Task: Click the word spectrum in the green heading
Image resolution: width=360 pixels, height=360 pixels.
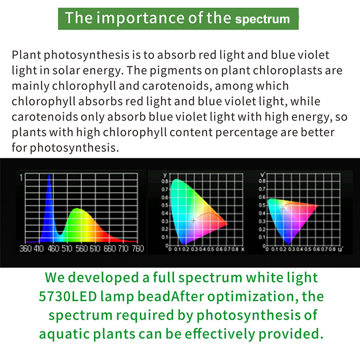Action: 262,19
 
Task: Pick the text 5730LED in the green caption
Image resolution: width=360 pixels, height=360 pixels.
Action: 68,296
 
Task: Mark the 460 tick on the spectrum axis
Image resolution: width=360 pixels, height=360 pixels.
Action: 53,249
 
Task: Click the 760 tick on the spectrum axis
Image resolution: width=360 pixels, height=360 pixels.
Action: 138,249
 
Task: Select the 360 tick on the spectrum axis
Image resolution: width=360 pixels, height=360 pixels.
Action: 25,249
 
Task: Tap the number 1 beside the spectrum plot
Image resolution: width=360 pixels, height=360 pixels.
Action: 21,177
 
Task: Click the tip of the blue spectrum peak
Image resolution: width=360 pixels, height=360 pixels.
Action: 49,175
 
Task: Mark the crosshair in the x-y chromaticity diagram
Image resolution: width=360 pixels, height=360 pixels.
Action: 194,221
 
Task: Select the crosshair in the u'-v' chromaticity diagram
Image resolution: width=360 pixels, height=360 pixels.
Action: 283,209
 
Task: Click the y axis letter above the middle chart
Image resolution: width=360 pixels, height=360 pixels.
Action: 165,175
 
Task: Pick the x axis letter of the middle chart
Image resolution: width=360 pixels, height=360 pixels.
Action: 243,249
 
